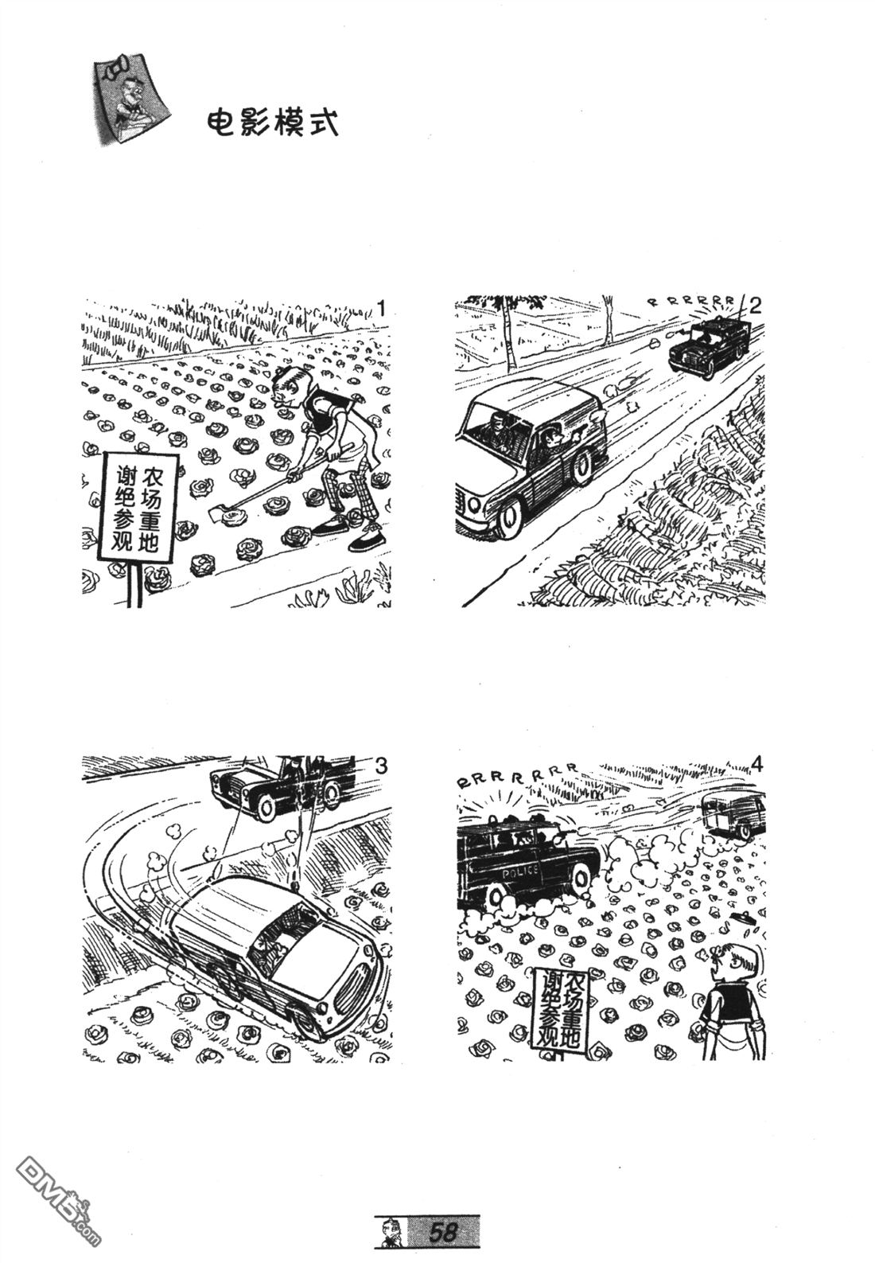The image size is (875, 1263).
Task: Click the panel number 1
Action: [x=382, y=309]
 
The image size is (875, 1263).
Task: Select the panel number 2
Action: [x=754, y=306]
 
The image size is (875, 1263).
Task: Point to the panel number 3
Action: [x=381, y=766]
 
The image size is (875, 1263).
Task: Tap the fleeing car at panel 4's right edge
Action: [x=734, y=815]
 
